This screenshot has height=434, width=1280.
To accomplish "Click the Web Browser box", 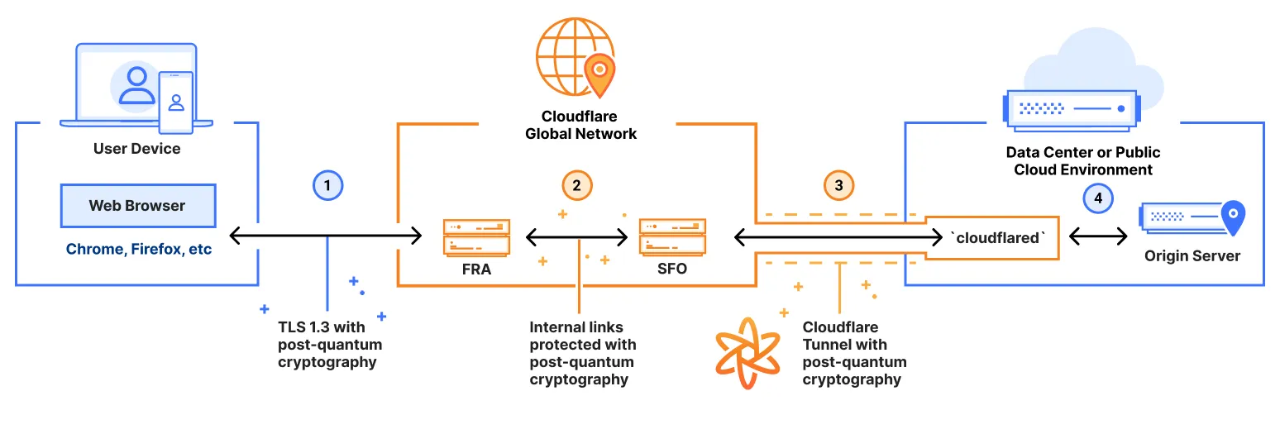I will [x=138, y=206].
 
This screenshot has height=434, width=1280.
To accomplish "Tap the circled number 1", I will [x=327, y=186].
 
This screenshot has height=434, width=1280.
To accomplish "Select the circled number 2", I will [x=576, y=185].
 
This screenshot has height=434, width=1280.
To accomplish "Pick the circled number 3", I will [x=838, y=185].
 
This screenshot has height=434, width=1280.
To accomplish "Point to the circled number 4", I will [x=1098, y=198].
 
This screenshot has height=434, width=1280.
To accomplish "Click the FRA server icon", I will [x=476, y=236].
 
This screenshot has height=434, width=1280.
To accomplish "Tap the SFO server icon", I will [x=672, y=236].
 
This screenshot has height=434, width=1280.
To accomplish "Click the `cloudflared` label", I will [x=999, y=237].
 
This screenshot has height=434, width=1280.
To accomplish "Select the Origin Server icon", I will [x=1192, y=217].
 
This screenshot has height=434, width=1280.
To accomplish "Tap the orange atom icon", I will [x=747, y=352].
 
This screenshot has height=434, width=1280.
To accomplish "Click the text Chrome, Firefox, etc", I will [x=139, y=249].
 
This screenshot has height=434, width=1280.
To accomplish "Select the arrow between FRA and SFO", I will [x=576, y=238].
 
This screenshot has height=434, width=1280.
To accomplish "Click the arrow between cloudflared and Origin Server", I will [x=1098, y=237].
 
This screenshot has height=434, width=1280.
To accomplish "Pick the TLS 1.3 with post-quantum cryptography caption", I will [x=330, y=345].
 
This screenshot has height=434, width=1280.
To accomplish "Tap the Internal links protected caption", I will [x=582, y=353].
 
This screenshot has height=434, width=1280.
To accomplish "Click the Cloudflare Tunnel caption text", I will [x=854, y=353].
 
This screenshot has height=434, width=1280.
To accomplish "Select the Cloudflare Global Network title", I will [x=580, y=125].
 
